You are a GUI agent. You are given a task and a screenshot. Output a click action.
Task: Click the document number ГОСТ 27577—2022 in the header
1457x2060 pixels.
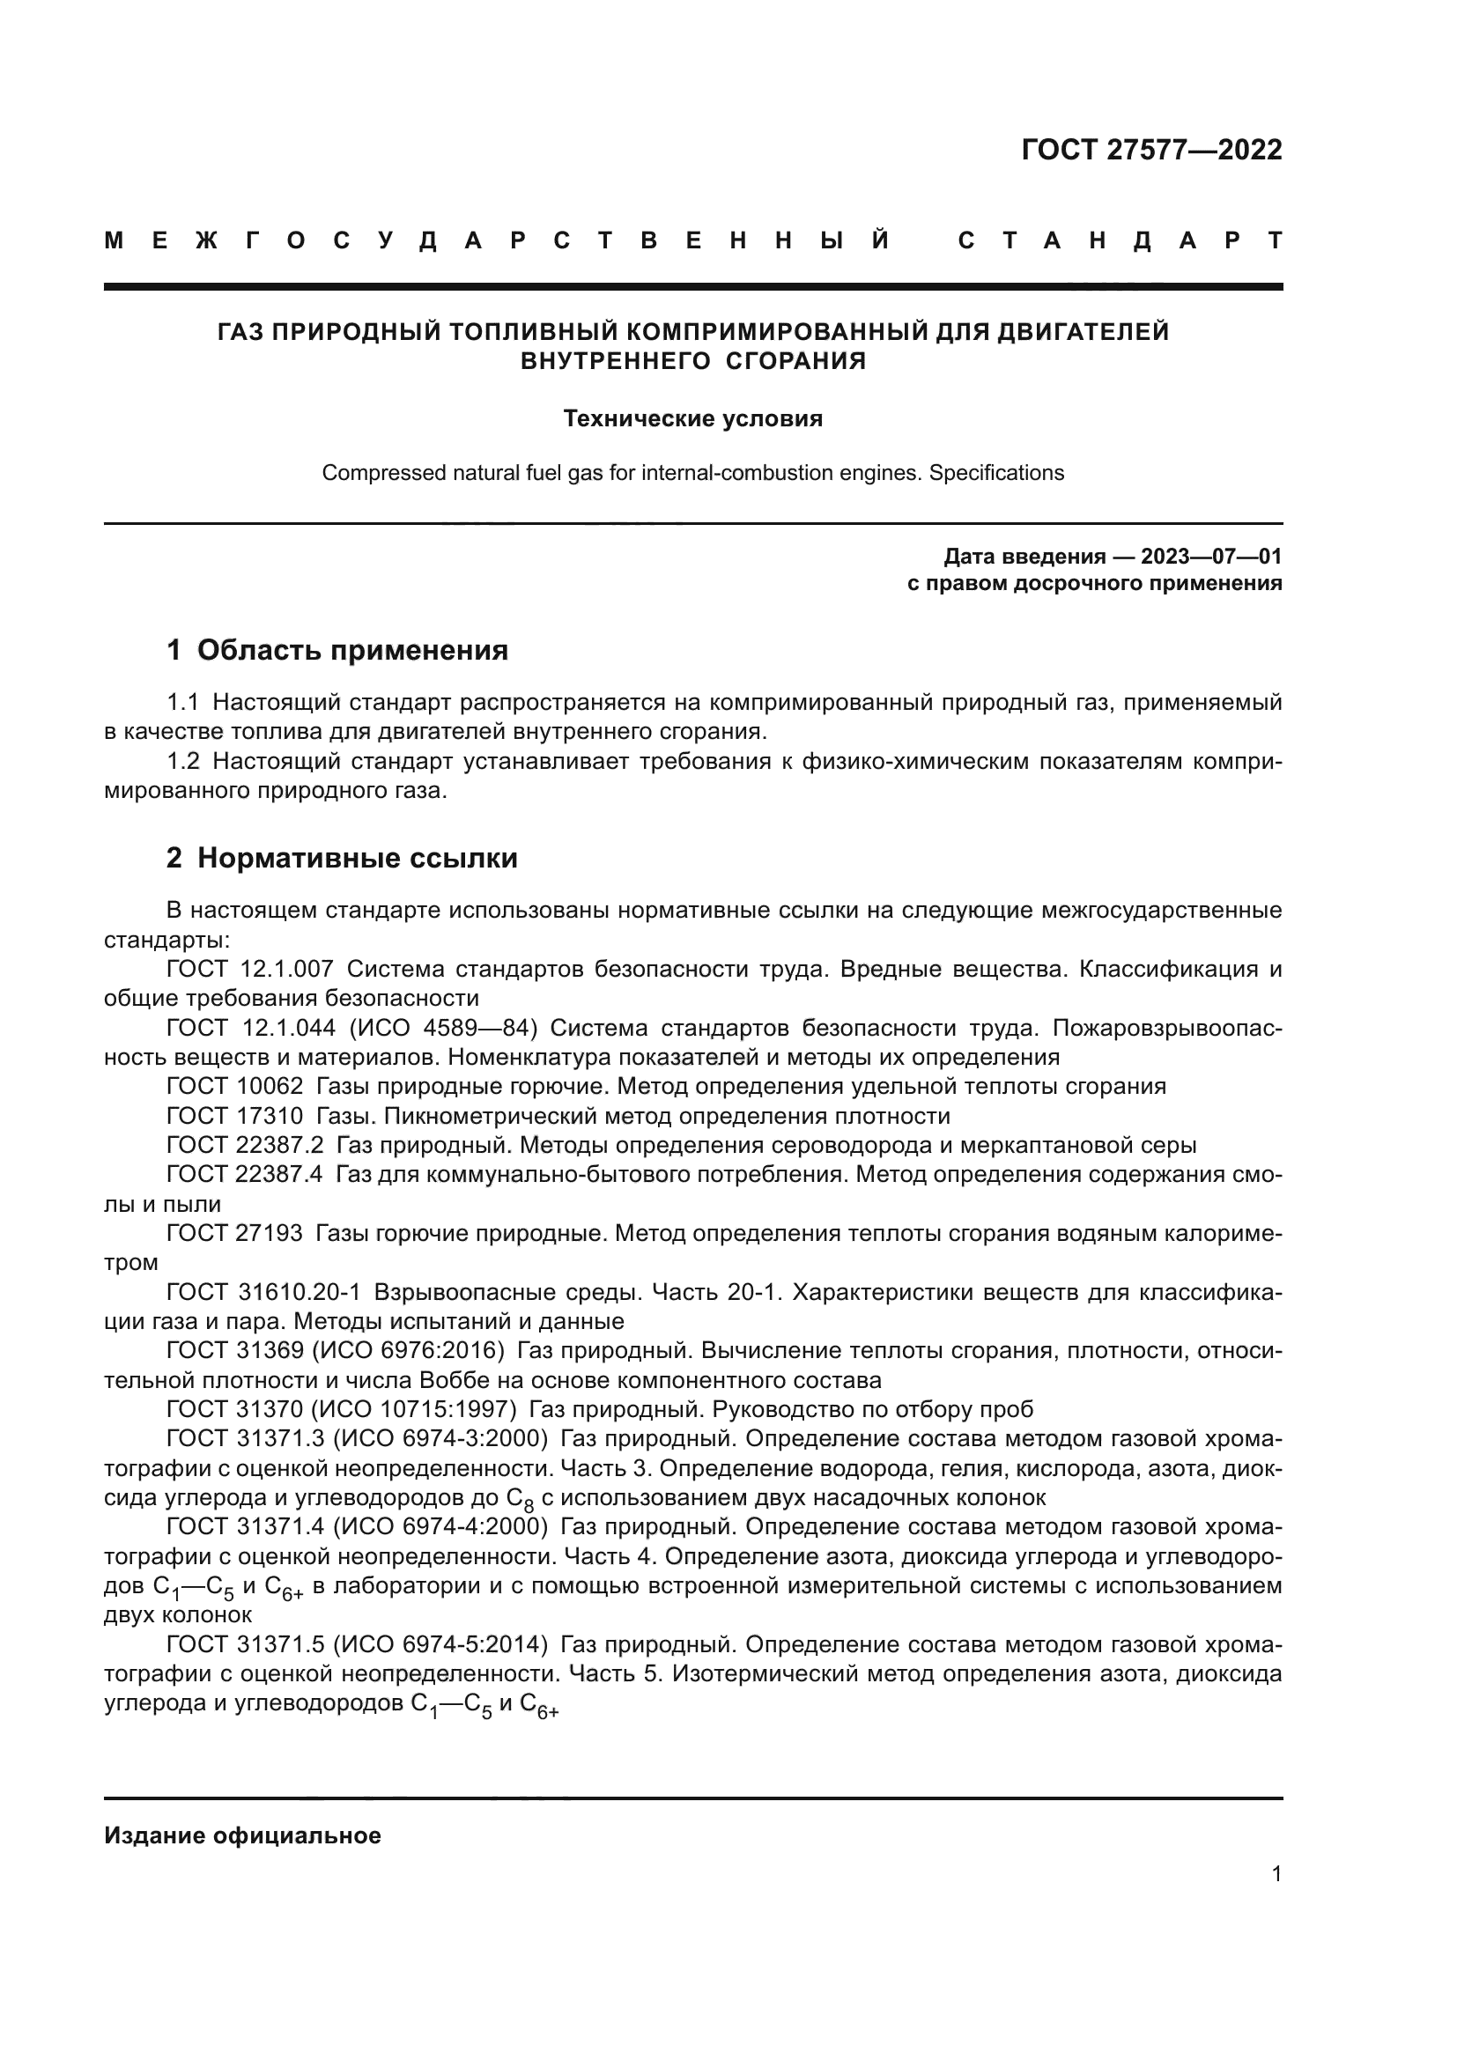[x=1151, y=150]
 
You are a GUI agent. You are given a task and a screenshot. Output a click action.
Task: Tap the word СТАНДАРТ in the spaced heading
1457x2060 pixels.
[x=1120, y=240]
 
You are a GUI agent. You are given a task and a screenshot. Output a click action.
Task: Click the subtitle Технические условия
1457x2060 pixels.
[x=692, y=419]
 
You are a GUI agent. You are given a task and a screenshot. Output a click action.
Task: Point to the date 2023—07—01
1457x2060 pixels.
[x=1211, y=557]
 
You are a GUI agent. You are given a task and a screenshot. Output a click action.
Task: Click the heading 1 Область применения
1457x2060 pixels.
[x=337, y=650]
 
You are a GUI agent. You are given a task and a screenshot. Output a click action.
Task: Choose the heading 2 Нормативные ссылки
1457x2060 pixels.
[x=342, y=858]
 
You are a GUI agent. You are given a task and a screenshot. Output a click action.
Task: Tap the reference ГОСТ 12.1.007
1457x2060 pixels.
[x=249, y=969]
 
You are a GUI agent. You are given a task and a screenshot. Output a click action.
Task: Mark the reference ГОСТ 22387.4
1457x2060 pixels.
[x=244, y=1175]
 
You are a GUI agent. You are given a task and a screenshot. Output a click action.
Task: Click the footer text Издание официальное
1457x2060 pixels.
[x=242, y=1835]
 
